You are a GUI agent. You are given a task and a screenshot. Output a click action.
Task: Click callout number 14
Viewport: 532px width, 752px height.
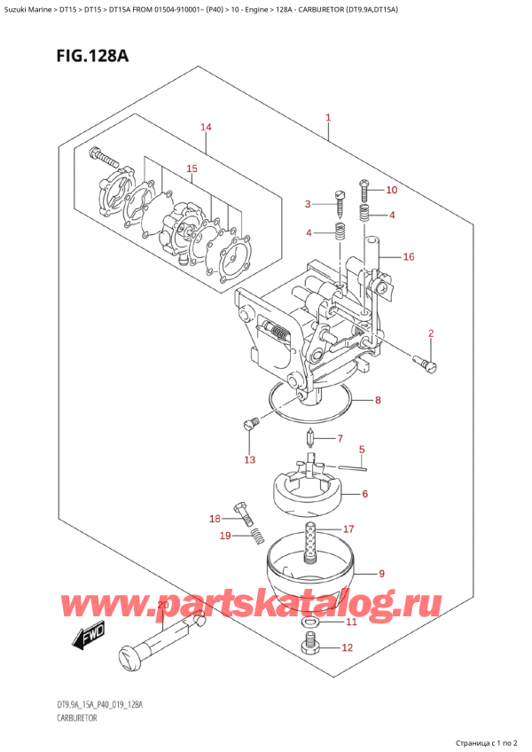coord(207,128)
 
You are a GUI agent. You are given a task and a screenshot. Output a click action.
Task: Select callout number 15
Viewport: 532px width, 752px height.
coord(191,168)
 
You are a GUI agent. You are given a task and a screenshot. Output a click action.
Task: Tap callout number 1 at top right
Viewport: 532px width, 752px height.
coord(328,117)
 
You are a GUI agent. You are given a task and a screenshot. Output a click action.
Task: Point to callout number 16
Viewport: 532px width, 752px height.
coord(408,257)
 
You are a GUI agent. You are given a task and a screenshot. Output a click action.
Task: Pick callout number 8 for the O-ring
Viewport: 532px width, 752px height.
coord(378,400)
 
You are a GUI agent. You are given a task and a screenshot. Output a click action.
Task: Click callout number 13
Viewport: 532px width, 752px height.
coord(249,459)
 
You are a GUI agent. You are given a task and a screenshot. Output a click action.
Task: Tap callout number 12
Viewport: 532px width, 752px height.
coord(348,648)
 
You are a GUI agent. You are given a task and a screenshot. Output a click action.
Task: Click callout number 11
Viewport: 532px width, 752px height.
coord(350,623)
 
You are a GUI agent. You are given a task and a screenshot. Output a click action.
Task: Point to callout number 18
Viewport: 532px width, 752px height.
coord(213,519)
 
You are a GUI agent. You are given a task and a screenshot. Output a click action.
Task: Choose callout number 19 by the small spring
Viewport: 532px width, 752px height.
coord(224,536)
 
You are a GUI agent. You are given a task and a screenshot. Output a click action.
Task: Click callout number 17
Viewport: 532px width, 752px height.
coord(348,528)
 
